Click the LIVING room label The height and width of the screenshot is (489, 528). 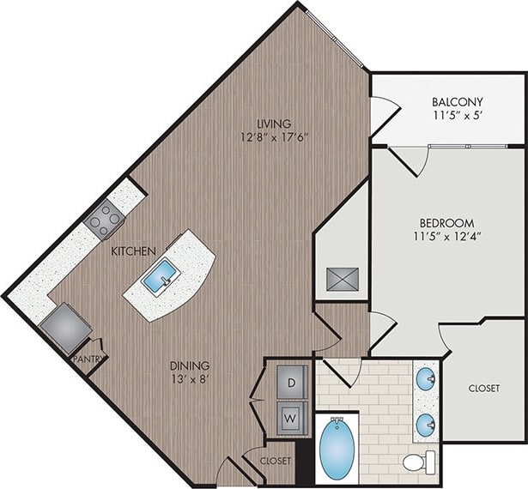(273, 123)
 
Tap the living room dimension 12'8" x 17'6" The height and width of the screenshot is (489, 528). (273, 136)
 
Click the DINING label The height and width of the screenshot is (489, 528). (189, 365)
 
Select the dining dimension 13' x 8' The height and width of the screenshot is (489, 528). (189, 379)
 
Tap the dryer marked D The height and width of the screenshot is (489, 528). (290, 381)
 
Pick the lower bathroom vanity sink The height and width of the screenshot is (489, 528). (427, 424)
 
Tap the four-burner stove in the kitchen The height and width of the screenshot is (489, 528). (104, 218)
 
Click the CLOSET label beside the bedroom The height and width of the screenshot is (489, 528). (483, 389)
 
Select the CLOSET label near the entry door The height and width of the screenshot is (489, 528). (275, 461)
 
